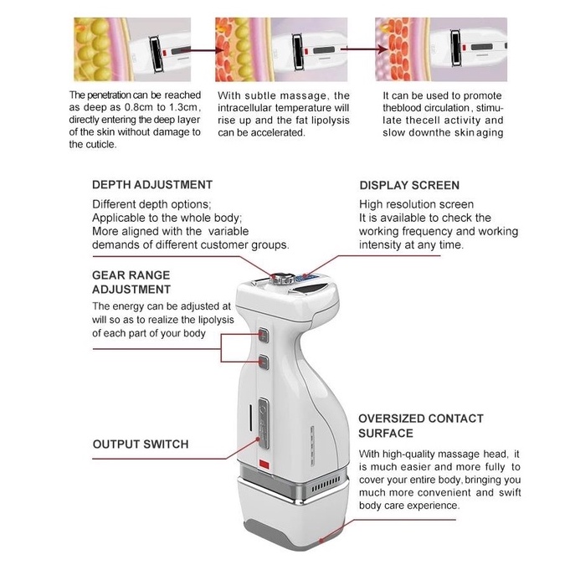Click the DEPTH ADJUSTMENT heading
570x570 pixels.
(x=151, y=185)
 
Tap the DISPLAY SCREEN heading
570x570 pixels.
(x=409, y=186)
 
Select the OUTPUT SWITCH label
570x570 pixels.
(x=140, y=444)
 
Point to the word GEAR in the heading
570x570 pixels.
(x=110, y=275)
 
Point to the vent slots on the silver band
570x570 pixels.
(x=326, y=485)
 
